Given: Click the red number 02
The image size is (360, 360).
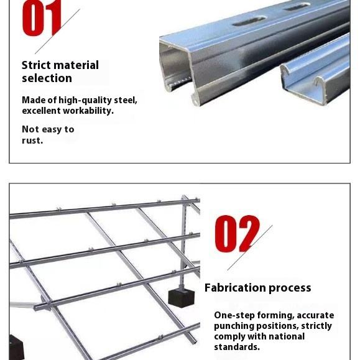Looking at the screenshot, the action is [x=237, y=234].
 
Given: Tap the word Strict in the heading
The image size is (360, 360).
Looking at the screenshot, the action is [x=37, y=65].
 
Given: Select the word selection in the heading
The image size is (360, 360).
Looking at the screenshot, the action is [x=47, y=78].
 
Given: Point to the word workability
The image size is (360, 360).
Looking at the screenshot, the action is [x=88, y=111].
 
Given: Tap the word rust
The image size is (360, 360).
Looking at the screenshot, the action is [x=32, y=141].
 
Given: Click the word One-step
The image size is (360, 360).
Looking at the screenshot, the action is [x=234, y=316].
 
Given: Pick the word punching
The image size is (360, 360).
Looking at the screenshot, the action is [x=234, y=326].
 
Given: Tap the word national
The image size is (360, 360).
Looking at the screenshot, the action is [x=287, y=336].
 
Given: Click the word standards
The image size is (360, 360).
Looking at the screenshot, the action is [x=237, y=347].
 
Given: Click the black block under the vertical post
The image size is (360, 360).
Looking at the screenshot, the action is [x=181, y=298].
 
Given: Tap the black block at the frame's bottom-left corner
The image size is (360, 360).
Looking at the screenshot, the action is [x=16, y=347].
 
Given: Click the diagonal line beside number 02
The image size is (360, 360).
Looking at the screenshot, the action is [x=250, y=247].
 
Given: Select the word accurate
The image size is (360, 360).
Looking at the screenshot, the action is [x=315, y=316].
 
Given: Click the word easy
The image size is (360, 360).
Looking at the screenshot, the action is [x=52, y=130].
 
